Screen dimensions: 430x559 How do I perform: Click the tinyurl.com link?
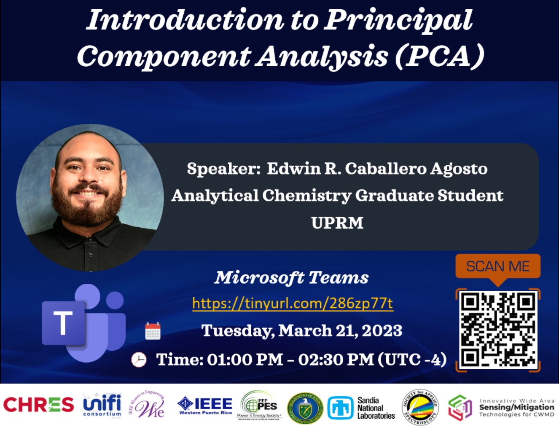(x=293, y=303)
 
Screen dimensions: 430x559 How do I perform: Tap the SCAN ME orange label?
(x=497, y=266)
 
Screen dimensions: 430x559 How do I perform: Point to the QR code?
(x=498, y=330)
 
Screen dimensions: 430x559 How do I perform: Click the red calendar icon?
(x=153, y=331)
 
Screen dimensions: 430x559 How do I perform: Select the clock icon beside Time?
(x=139, y=360)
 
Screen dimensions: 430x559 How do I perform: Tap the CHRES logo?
(x=38, y=405)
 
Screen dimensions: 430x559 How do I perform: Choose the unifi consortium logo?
(x=102, y=405)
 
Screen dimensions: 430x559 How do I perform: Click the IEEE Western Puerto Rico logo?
(x=205, y=406)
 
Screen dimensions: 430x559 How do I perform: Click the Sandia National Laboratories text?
(x=376, y=408)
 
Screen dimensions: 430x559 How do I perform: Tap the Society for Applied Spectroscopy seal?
(x=420, y=407)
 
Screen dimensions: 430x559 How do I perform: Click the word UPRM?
(x=337, y=223)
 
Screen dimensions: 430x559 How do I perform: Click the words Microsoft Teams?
(x=291, y=277)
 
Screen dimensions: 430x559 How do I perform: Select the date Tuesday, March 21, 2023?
(x=302, y=331)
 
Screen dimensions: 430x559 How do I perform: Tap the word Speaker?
(x=224, y=169)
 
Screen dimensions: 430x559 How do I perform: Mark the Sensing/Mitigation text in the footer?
(x=516, y=407)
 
